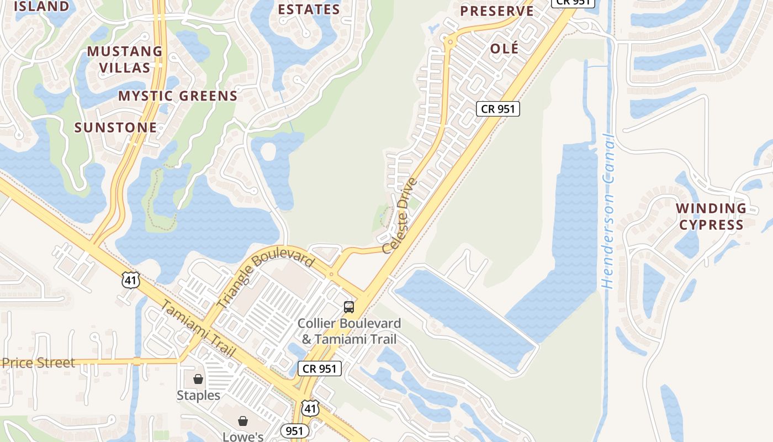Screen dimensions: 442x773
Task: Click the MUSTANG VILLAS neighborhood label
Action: pyautogui.click(x=125, y=60)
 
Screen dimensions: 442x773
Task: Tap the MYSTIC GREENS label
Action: pyautogui.click(x=178, y=96)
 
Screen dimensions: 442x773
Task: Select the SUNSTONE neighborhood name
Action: pyautogui.click(x=116, y=128)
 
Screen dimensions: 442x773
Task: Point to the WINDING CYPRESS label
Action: pyautogui.click(x=711, y=217)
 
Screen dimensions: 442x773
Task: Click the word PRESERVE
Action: pyautogui.click(x=497, y=11)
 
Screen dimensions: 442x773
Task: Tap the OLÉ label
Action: pyautogui.click(x=505, y=49)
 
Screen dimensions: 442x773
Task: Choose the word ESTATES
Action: pyautogui.click(x=309, y=9)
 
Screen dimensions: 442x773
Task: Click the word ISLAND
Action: pyautogui.click(x=41, y=7)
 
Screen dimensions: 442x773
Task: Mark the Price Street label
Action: pyautogui.click(x=38, y=363)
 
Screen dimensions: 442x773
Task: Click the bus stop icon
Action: pyautogui.click(x=348, y=307)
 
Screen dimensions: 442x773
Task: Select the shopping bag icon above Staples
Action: pyautogui.click(x=198, y=379)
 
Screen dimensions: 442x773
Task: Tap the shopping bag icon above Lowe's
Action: pyautogui.click(x=242, y=421)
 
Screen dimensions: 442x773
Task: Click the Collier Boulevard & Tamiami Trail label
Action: pyautogui.click(x=349, y=331)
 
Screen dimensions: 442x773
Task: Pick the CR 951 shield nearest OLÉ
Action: pyautogui.click(x=498, y=109)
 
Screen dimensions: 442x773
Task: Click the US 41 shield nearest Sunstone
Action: pyautogui.click(x=131, y=280)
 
